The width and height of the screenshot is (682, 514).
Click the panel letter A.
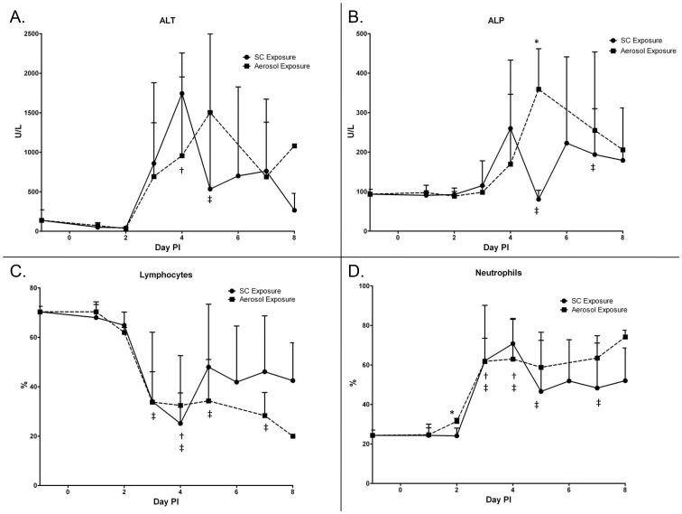coord(16,15)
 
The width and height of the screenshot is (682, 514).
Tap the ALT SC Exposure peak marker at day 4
coord(182,93)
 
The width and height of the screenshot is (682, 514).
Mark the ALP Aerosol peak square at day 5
coord(538,89)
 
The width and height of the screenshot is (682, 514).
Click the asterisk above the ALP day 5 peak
coord(537,42)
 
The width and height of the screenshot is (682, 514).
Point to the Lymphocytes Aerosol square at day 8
coord(295,436)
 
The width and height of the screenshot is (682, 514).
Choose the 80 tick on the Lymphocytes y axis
coord(29,287)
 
